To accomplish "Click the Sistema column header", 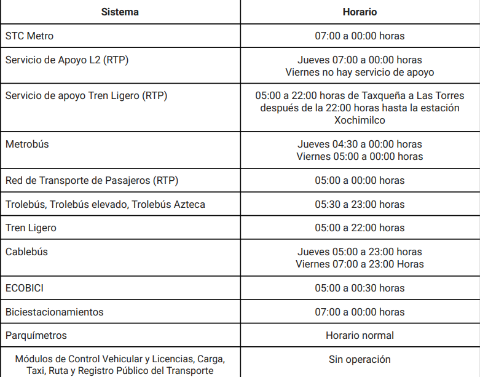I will [x=120, y=12].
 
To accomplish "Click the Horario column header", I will [x=360, y=12].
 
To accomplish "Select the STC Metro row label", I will [x=30, y=36].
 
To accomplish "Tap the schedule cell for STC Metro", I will [x=360, y=36].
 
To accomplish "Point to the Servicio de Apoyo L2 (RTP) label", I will [x=67, y=60].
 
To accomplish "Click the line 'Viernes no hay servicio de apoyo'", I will [x=360, y=72].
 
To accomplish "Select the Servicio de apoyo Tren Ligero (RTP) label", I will [x=86, y=95].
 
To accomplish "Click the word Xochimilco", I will [x=360, y=120].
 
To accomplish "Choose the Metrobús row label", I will [x=27, y=144].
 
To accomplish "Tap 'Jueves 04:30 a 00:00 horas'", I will [x=360, y=144].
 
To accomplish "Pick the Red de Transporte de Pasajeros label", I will [x=92, y=180].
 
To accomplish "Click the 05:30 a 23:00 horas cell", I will [x=360, y=204].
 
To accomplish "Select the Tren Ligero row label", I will [x=31, y=228].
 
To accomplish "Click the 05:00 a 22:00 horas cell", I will [x=360, y=228].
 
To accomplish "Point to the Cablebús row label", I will [x=26, y=252].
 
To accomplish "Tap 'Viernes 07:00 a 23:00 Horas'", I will [x=360, y=264].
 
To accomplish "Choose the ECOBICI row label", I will [x=25, y=288].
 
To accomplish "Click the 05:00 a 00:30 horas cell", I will [x=360, y=288].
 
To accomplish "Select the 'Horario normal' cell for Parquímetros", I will [x=360, y=335].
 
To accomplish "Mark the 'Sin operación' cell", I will [x=360, y=359].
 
